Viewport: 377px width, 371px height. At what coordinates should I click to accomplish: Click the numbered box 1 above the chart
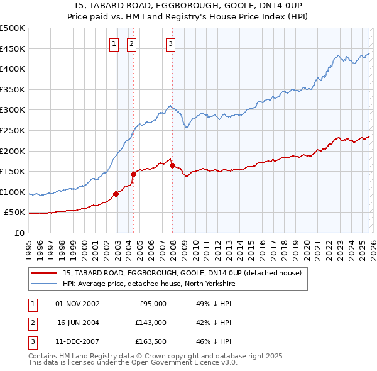point(114,43)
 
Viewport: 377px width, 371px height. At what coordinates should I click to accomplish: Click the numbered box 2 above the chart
point(131,43)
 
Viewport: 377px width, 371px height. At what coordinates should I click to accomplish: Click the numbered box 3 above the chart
point(171,43)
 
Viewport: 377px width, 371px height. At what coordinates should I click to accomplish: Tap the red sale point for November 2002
point(116,194)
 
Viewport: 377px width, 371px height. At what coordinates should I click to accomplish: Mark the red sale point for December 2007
point(172,165)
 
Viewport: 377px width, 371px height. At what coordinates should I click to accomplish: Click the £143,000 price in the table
point(151,323)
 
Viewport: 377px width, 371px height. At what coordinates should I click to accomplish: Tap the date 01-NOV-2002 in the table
point(77,304)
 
